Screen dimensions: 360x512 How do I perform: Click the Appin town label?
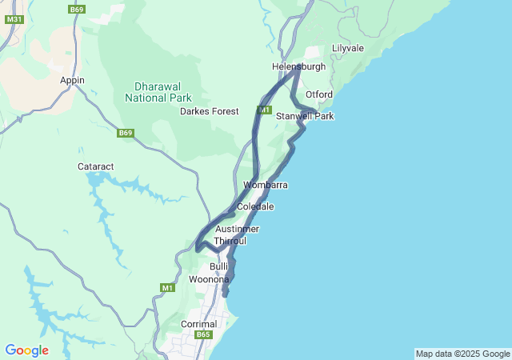click(72, 80)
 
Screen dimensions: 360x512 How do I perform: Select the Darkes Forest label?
click(209, 111)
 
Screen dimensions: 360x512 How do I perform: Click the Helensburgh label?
click(298, 66)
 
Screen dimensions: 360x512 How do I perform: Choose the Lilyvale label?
click(347, 49)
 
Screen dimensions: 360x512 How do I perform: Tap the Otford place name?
click(318, 94)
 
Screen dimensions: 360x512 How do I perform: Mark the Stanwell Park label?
click(304, 116)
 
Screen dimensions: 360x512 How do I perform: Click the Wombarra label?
click(266, 185)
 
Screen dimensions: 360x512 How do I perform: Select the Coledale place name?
click(255, 206)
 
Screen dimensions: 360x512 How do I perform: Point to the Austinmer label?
click(237, 230)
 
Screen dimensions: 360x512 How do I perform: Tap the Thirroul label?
click(230, 240)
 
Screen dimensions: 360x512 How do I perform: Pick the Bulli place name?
click(218, 266)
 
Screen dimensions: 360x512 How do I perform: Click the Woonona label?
click(209, 279)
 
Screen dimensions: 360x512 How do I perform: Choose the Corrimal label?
click(199, 324)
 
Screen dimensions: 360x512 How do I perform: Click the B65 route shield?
click(203, 335)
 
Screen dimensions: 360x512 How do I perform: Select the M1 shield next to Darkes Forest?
click(265, 109)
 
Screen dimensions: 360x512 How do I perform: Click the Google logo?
click(26, 350)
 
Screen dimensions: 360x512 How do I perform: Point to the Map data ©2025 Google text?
click(462, 354)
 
